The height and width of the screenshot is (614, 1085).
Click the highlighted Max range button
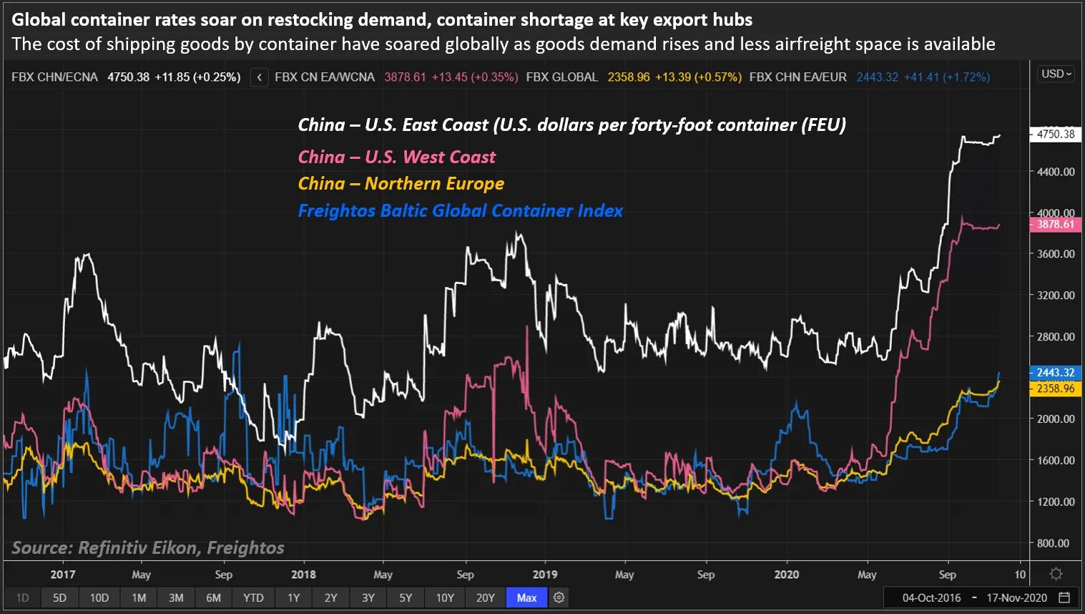point(526,598)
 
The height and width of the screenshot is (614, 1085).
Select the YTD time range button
point(253,598)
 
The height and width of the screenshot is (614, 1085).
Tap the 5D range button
point(59,598)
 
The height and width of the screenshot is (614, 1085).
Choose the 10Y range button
point(445,598)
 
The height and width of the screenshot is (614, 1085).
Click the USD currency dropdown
point(1056,74)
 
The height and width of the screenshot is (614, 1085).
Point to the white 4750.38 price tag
point(1055,134)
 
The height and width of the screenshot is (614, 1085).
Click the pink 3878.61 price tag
point(1055,224)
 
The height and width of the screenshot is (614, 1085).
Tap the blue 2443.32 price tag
point(1055,373)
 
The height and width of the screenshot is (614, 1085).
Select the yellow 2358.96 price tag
point(1055,389)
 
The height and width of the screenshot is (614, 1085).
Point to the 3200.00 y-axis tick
point(1056,296)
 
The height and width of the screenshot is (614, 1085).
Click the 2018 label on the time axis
point(303,575)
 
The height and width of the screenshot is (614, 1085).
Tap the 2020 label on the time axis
point(787,575)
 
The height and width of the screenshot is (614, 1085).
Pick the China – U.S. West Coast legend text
point(396,157)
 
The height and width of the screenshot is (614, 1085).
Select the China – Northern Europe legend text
point(401,184)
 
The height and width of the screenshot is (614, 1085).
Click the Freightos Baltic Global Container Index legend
point(460,211)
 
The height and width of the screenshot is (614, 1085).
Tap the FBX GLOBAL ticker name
point(561,77)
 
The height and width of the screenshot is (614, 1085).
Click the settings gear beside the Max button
point(559,598)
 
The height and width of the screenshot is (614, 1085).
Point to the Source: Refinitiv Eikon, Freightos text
point(148,548)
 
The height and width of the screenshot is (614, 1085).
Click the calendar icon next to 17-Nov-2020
point(1064,598)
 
